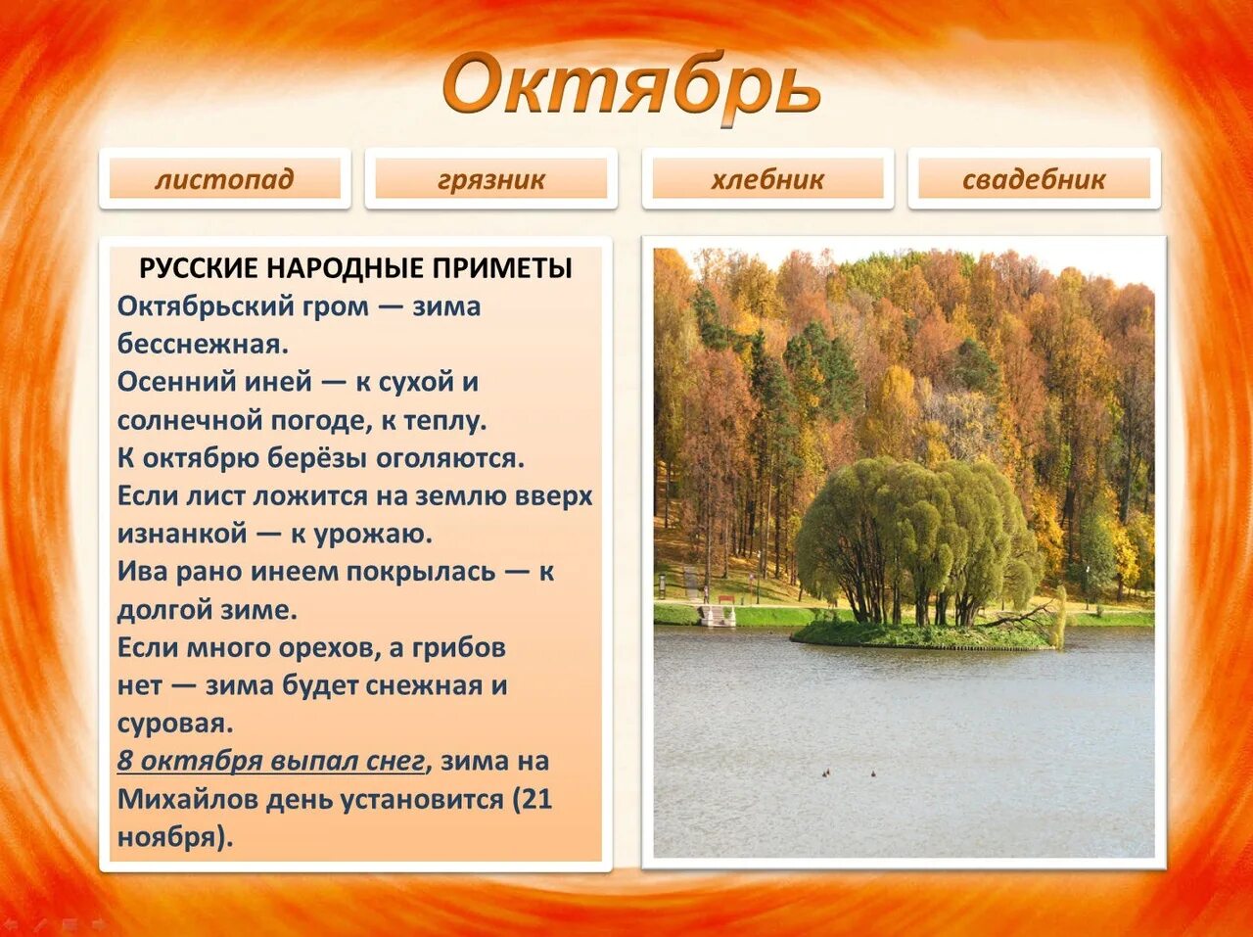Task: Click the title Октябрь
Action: (x=630, y=86)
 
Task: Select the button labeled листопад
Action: (x=224, y=179)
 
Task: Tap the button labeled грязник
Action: (x=490, y=179)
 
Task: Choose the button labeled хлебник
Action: (x=767, y=179)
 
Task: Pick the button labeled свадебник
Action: (x=1034, y=179)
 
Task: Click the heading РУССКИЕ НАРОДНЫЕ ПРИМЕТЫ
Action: (x=355, y=268)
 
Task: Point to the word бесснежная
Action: (x=203, y=344)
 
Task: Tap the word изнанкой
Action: (x=182, y=535)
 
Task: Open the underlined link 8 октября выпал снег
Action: (x=271, y=762)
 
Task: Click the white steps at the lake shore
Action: (x=716, y=616)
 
